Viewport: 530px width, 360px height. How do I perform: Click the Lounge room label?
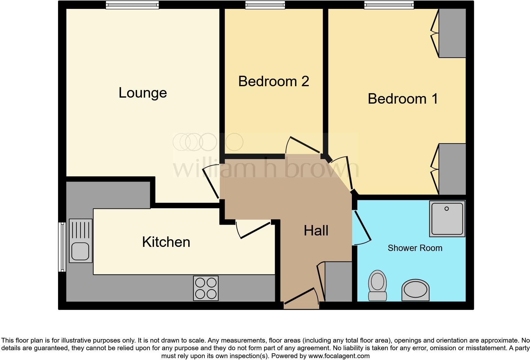click(x=143, y=93)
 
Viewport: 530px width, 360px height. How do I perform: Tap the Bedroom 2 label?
click(x=273, y=81)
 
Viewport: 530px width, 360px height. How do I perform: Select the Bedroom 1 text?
click(x=403, y=99)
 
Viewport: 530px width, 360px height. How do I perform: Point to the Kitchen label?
click(x=166, y=242)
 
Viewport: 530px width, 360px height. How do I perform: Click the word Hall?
click(x=316, y=231)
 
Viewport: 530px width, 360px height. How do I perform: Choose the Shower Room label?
click(x=415, y=248)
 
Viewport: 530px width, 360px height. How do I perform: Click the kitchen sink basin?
click(x=80, y=251)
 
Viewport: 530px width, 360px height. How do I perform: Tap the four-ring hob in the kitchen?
click(x=206, y=288)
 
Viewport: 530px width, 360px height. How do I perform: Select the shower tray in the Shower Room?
click(x=447, y=219)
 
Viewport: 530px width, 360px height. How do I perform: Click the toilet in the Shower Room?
click(x=377, y=285)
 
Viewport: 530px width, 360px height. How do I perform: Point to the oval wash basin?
click(x=415, y=290)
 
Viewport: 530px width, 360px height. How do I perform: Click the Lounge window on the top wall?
click(x=132, y=5)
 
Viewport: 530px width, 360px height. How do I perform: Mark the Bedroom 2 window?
click(x=265, y=5)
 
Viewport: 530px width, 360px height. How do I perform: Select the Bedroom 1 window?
click(x=389, y=5)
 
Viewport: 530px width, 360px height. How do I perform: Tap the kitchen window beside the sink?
click(x=62, y=247)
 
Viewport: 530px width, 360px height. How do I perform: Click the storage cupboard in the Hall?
click(x=339, y=281)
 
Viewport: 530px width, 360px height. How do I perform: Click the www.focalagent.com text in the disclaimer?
click(x=339, y=356)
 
